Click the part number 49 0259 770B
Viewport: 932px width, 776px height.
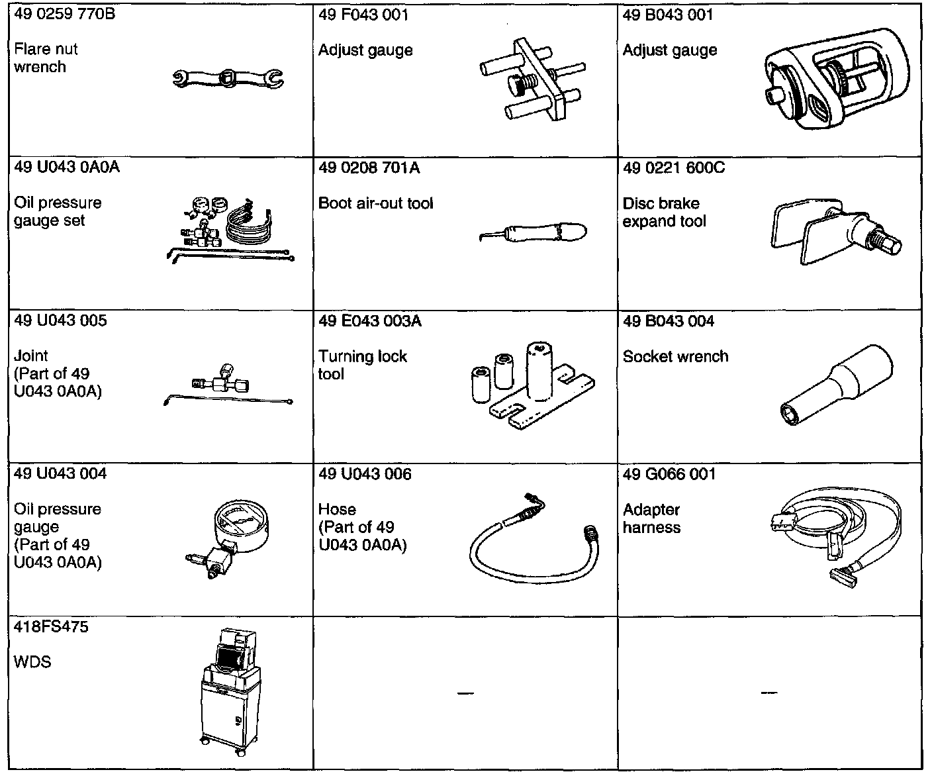coord(65,14)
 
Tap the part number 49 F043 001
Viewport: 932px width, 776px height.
coord(363,15)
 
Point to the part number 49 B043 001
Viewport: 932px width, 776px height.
coord(668,15)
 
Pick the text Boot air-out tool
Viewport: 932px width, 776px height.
coord(375,203)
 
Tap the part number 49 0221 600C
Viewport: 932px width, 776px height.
coord(674,168)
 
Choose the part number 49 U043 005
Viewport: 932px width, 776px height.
coord(60,320)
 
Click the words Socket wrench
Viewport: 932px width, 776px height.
coord(675,356)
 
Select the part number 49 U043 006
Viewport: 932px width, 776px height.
coord(365,474)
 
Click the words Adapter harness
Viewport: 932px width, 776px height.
coord(651,518)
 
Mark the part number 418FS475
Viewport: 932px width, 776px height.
coord(51,626)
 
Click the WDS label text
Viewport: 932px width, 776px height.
coord(32,661)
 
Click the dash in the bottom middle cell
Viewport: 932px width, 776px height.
coord(465,693)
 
